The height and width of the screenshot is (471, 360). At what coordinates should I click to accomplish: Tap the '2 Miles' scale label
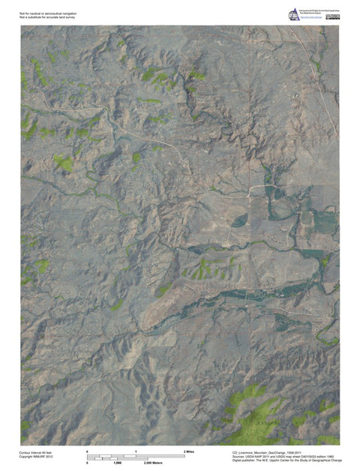(189, 451)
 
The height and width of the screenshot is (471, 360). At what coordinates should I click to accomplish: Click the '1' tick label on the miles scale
(136, 451)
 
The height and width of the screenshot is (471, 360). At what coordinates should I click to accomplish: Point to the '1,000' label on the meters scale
(117, 463)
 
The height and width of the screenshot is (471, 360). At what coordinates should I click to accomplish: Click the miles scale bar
(136, 455)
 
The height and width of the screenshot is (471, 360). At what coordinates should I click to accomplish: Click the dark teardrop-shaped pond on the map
(238, 220)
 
